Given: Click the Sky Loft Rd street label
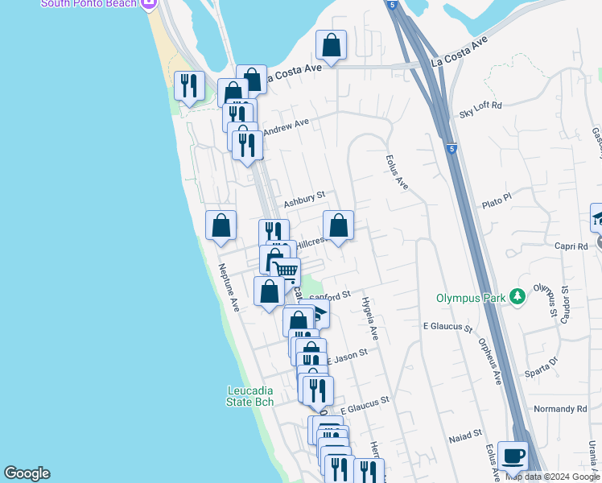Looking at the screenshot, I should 480,105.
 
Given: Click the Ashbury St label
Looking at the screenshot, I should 304,196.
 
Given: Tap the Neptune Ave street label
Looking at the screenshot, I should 229,288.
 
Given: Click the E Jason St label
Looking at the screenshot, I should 347,353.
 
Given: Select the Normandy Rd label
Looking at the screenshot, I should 560,409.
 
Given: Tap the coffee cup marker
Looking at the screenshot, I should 513,456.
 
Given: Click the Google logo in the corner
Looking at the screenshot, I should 27,473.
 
